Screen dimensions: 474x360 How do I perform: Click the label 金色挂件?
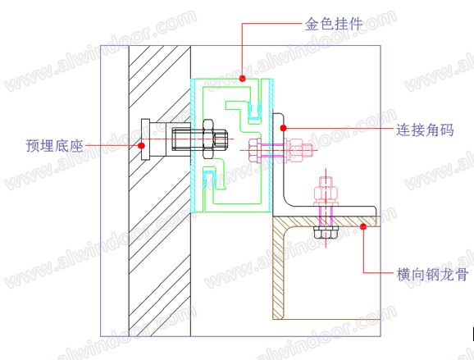(334, 24)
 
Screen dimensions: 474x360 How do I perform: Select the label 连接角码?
(425, 130)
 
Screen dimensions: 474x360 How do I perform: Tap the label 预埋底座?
(54, 145)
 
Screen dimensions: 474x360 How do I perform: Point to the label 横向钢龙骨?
(432, 275)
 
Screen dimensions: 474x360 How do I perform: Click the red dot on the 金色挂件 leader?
(243, 79)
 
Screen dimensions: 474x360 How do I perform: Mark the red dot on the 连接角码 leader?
(283, 128)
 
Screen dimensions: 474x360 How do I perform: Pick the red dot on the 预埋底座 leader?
(141, 146)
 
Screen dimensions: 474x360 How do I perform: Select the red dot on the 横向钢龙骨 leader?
(363, 226)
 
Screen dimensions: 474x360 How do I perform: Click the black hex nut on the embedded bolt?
(208, 139)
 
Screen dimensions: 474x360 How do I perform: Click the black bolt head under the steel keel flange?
(326, 232)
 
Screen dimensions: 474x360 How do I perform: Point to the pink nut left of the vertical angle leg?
(255, 150)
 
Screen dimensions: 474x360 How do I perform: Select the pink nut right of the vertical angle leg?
(294, 150)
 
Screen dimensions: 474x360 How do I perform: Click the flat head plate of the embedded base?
(146, 139)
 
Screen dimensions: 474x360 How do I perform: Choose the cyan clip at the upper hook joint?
(254, 111)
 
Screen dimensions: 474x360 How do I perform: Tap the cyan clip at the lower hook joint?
(209, 180)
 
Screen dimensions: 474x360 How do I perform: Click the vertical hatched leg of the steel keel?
(278, 269)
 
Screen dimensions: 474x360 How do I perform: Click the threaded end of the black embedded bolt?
(221, 139)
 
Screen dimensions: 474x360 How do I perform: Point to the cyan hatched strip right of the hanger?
(271, 145)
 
